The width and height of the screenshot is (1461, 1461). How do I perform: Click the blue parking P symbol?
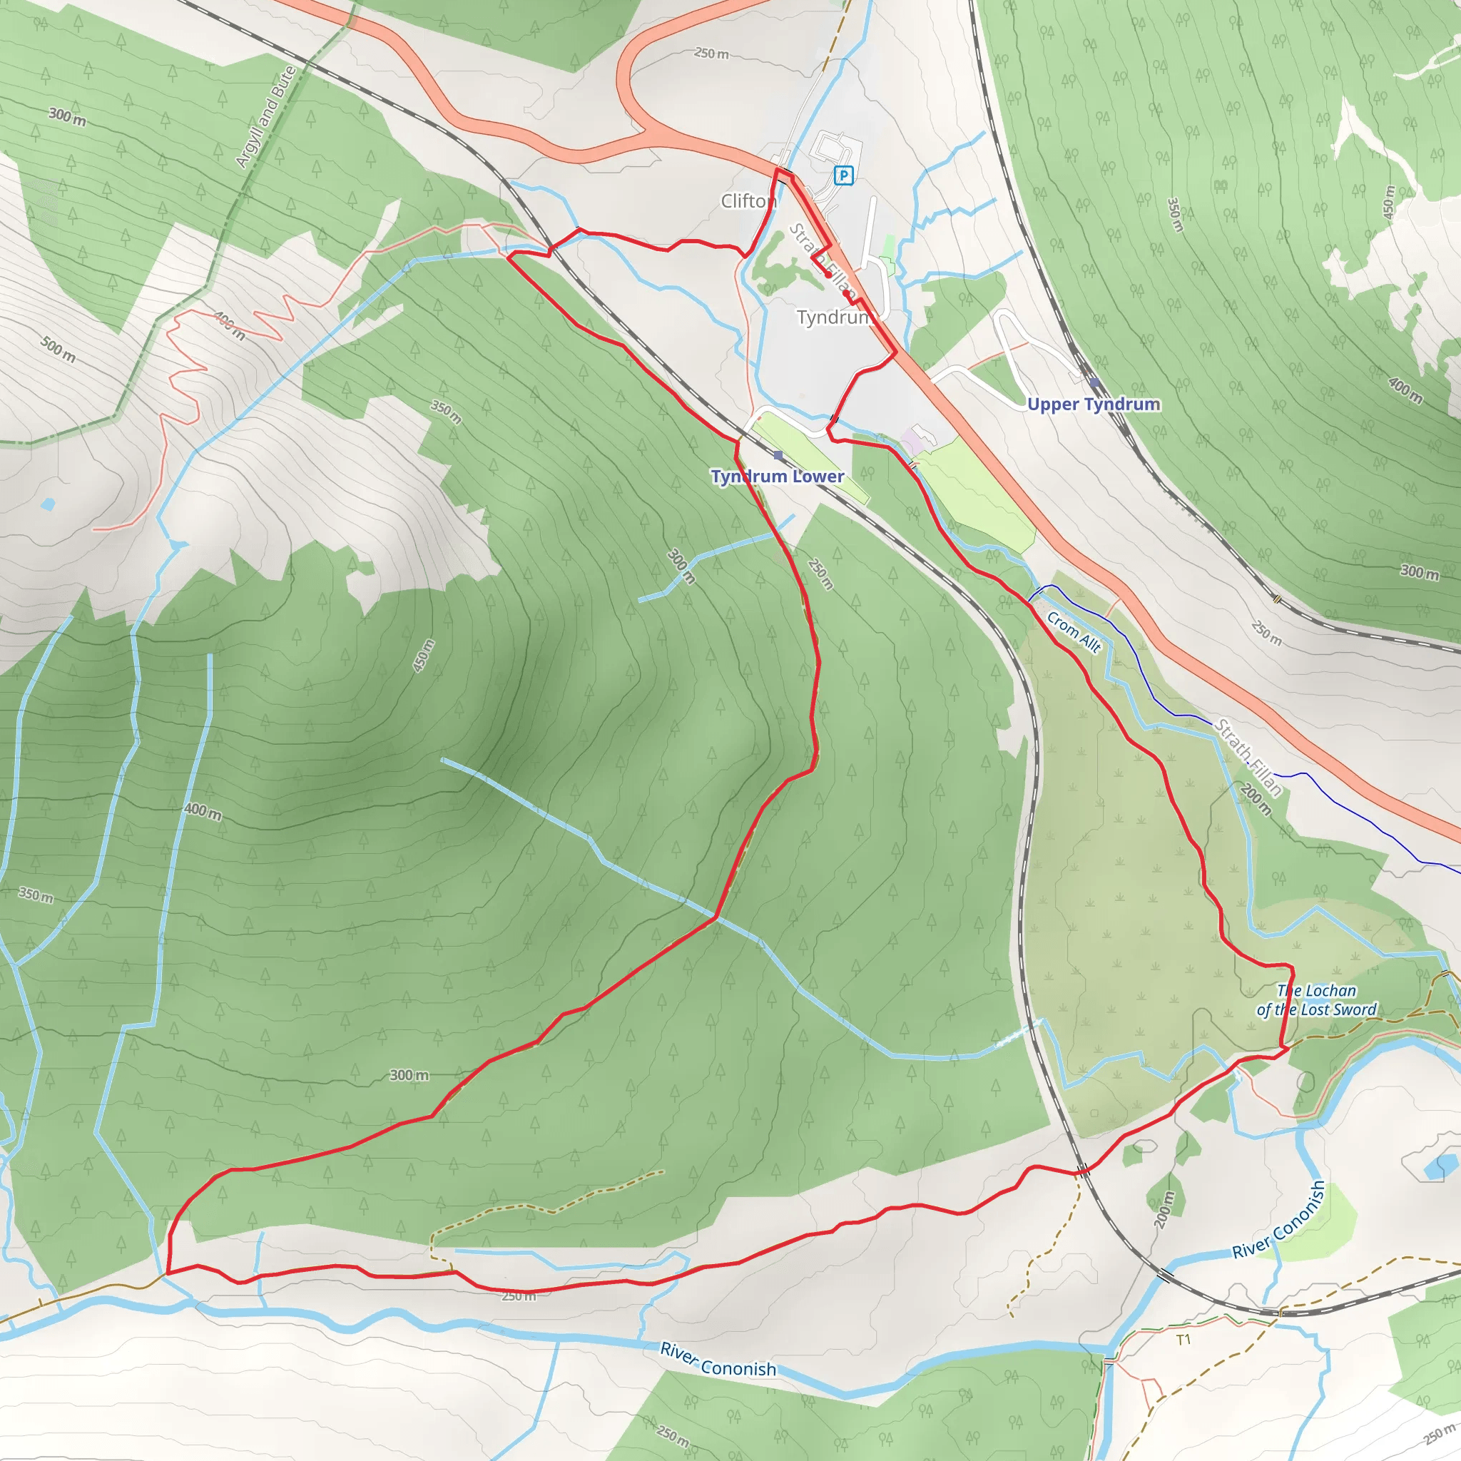(x=843, y=175)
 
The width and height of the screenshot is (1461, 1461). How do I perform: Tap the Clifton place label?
(x=747, y=201)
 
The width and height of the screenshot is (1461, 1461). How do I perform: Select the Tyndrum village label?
(x=834, y=317)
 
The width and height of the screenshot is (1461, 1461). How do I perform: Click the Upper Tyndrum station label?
(x=1093, y=404)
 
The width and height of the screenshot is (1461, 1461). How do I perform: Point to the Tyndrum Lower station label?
(x=777, y=477)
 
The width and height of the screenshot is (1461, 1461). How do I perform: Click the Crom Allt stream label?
(x=1074, y=631)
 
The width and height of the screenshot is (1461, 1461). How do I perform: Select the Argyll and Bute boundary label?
(x=265, y=117)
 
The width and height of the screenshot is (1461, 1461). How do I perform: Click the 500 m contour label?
(x=58, y=350)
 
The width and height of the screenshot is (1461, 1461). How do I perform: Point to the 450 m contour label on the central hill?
(x=423, y=656)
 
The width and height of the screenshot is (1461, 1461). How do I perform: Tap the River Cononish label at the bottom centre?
(x=718, y=1359)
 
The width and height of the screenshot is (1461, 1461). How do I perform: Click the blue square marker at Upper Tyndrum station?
(x=1094, y=382)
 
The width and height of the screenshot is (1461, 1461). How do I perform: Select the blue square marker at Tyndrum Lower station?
(x=778, y=455)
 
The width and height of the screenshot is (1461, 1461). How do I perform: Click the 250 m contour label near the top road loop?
(x=711, y=54)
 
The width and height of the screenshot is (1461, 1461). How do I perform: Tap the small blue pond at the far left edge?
(x=49, y=504)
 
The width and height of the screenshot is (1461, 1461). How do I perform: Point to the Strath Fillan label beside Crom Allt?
(x=1248, y=757)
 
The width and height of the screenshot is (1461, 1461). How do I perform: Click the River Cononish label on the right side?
(x=1279, y=1220)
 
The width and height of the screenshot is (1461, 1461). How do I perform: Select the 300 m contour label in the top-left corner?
(x=67, y=116)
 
